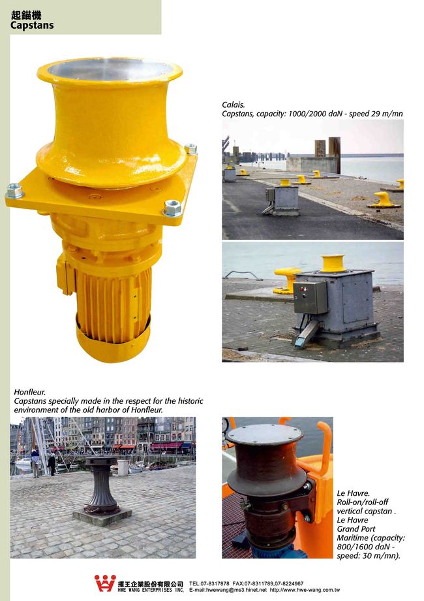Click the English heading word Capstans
[x=32, y=25]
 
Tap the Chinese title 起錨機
[x=26, y=15]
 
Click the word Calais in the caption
[x=233, y=105]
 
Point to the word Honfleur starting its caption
[x=29, y=392]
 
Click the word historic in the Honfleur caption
[x=190, y=401]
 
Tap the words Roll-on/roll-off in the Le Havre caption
[x=363, y=502]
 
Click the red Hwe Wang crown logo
[x=105, y=583]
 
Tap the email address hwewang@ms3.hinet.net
[x=236, y=590]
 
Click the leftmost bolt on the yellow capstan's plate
[x=14, y=191]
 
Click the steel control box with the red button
[x=310, y=297]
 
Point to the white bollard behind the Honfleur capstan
[x=123, y=468]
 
